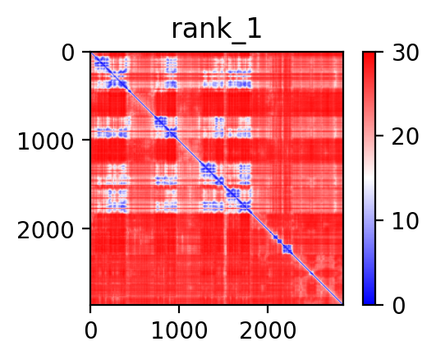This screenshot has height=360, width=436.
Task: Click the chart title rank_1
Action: click(216, 30)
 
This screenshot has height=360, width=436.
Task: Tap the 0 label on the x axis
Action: click(90, 330)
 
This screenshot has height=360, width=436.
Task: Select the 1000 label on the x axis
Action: click(179, 330)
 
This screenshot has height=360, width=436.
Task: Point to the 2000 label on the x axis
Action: click(268, 330)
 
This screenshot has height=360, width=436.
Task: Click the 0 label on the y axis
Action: click(67, 53)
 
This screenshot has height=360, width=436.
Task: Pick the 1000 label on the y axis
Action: click(45, 141)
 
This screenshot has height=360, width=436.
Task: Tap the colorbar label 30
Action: click(406, 53)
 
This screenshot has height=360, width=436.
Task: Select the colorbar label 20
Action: click(406, 136)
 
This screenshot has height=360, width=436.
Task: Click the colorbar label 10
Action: click(406, 221)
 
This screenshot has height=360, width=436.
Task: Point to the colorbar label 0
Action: click(399, 306)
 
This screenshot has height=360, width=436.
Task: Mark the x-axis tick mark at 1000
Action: click(179, 308)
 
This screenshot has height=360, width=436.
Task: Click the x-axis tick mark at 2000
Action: click(268, 308)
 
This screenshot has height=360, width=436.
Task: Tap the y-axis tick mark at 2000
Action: click(86, 228)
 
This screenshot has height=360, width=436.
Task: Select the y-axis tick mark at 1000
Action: click(86, 140)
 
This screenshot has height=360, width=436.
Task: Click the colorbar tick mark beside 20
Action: click(379, 136)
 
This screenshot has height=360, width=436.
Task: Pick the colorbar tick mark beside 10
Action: click(379, 220)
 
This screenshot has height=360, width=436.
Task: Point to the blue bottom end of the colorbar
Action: click(369, 303)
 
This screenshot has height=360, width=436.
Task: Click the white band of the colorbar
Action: click(369, 178)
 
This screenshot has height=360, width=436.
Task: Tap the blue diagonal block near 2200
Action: click(287, 249)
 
